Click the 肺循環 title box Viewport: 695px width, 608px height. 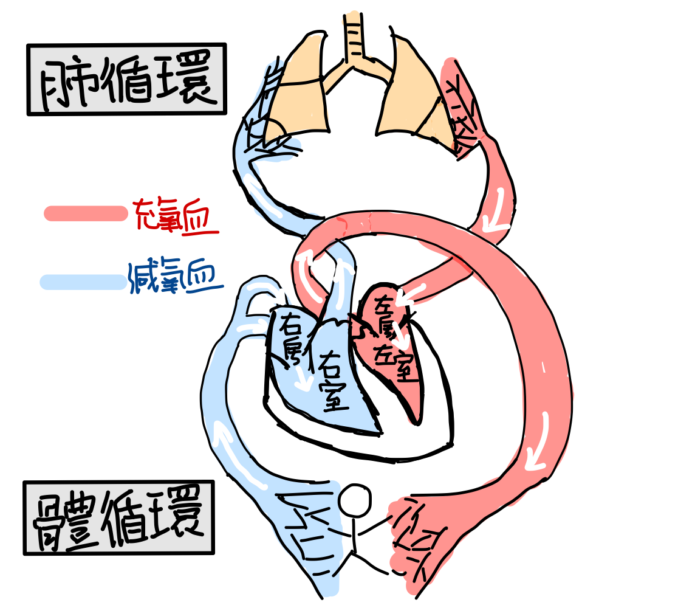126,79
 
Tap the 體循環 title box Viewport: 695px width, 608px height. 119,518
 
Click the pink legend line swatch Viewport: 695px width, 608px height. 86,213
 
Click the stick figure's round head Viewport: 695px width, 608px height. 354,502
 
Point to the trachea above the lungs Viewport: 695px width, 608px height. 352,36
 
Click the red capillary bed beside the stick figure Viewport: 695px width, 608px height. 419,535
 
